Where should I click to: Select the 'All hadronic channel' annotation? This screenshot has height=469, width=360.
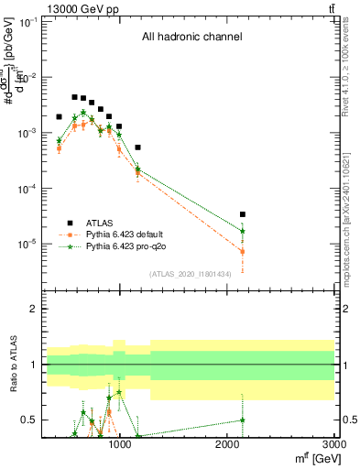click(x=191, y=38)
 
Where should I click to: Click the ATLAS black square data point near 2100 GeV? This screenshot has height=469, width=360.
click(x=242, y=214)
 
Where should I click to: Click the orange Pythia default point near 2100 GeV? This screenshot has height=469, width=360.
click(x=242, y=251)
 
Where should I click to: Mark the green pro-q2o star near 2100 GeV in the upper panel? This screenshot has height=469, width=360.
click(x=242, y=231)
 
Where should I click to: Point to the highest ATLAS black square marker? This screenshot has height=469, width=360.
click(x=75, y=96)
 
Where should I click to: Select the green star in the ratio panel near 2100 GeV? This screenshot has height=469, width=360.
click(x=242, y=420)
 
